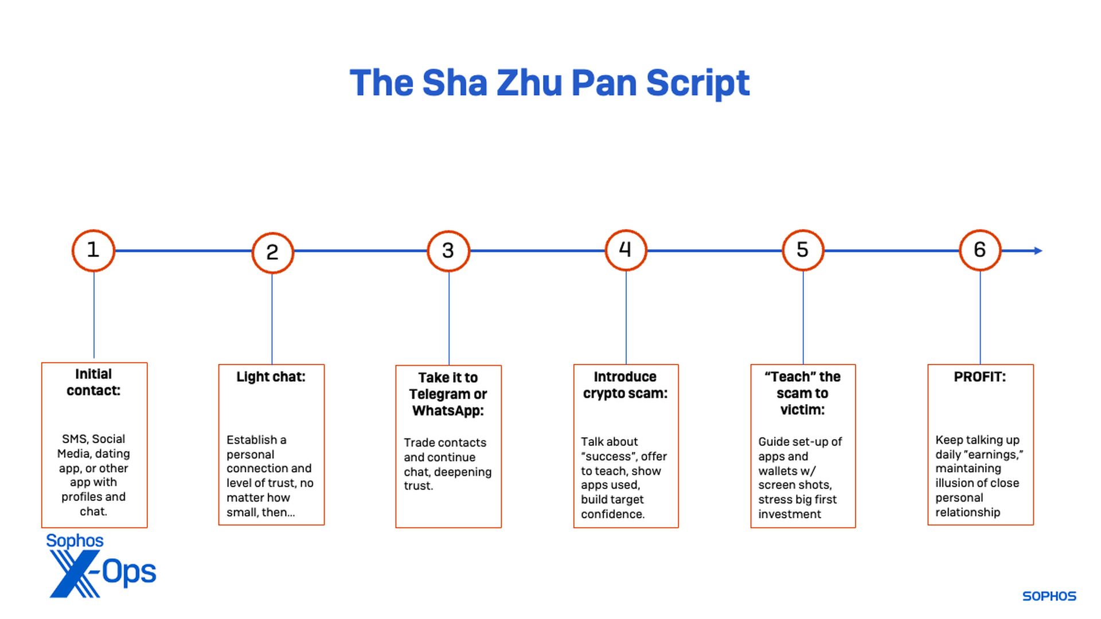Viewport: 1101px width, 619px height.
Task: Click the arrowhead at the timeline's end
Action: [x=1038, y=250]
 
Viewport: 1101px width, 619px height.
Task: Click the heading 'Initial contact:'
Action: [x=93, y=382]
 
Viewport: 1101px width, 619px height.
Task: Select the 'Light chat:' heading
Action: [x=271, y=377]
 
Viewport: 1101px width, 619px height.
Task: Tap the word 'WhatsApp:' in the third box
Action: [x=448, y=410]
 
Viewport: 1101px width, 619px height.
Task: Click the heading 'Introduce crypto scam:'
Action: [x=625, y=385]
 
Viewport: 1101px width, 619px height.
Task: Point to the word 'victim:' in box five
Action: [x=802, y=409]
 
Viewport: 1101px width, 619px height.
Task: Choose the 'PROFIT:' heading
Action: [x=979, y=377]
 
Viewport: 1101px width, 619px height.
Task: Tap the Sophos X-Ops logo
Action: [x=101, y=566]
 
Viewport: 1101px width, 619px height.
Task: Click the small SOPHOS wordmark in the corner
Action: [x=1049, y=596]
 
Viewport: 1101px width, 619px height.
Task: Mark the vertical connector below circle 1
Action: [x=93, y=315]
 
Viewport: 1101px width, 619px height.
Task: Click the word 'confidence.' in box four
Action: [x=612, y=514]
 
